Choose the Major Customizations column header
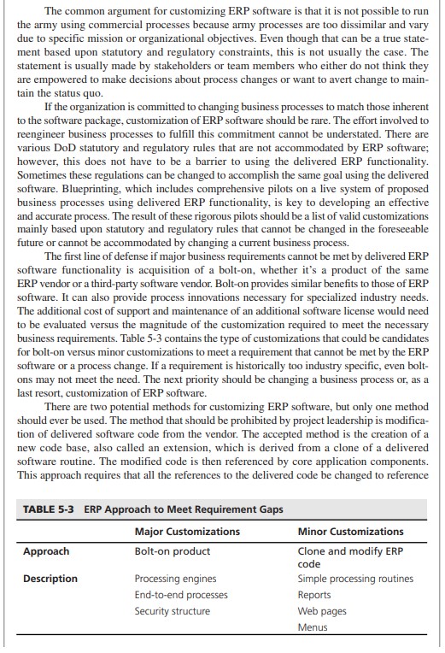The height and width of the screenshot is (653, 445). click(x=187, y=532)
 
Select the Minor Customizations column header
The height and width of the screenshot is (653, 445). click(x=350, y=532)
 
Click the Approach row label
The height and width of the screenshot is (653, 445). click(x=48, y=551)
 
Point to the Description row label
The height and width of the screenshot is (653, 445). click(x=50, y=579)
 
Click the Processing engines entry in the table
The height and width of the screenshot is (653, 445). click(x=176, y=579)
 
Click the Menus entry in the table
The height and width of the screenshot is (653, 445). click(x=313, y=627)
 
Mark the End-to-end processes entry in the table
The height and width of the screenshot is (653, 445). click(x=182, y=595)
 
